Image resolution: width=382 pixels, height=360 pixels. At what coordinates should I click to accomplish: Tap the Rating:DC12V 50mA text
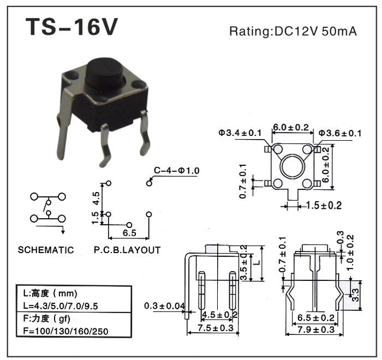(x=293, y=31)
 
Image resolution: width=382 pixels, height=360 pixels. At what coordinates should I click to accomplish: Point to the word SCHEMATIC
(x=46, y=250)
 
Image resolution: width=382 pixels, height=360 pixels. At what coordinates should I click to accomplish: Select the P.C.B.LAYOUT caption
(x=127, y=250)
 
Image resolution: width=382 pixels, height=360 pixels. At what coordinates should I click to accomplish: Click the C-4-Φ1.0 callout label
(x=176, y=171)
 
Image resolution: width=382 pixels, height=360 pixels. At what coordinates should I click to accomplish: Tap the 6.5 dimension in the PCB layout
(x=129, y=233)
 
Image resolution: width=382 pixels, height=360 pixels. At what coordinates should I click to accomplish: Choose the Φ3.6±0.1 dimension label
(x=340, y=133)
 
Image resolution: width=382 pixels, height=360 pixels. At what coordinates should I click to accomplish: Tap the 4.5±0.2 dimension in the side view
(x=220, y=315)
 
